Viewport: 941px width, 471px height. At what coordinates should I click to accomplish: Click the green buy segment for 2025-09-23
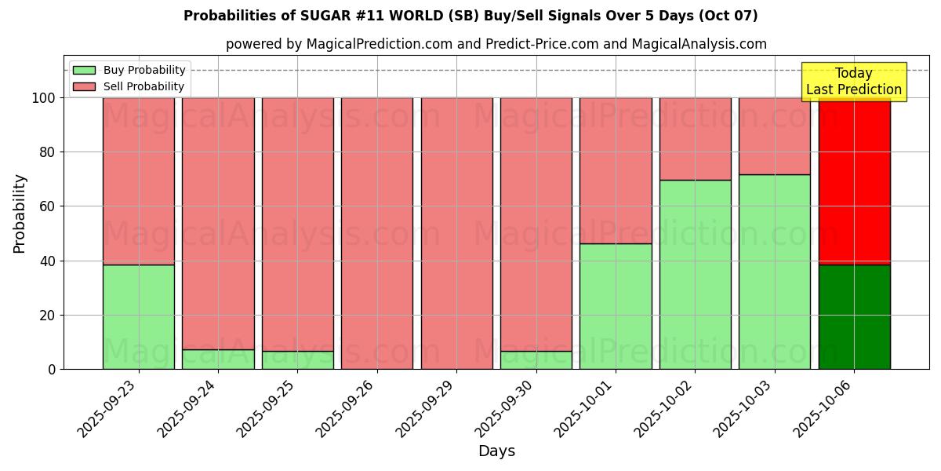pyautogui.click(x=139, y=317)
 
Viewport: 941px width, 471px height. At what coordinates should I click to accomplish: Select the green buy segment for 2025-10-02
pyautogui.click(x=695, y=275)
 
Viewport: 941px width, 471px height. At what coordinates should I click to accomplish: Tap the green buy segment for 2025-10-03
pyautogui.click(x=775, y=272)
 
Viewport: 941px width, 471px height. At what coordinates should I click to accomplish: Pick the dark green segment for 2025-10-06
pyautogui.click(x=854, y=317)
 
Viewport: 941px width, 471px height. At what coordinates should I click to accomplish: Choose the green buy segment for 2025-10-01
pyautogui.click(x=616, y=306)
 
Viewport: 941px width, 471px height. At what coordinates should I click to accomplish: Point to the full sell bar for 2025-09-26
pyautogui.click(x=377, y=233)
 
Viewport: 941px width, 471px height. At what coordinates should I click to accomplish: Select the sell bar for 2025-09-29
pyautogui.click(x=456, y=233)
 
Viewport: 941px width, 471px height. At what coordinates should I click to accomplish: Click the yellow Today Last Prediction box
pyautogui.click(x=854, y=82)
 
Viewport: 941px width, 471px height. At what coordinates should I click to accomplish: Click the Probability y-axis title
pyautogui.click(x=20, y=214)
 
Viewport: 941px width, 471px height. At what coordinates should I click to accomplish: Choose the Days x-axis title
pyautogui.click(x=496, y=451)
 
